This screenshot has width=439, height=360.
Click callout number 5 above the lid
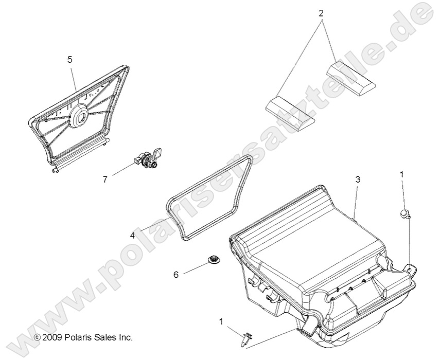click(x=70, y=60)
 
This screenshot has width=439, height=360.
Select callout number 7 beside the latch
click(x=105, y=179)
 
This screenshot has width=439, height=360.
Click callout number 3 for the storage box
click(x=358, y=179)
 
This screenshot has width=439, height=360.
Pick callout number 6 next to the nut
click(x=175, y=275)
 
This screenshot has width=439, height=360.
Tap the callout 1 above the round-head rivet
click(x=402, y=175)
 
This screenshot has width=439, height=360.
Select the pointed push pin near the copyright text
click(x=246, y=339)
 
